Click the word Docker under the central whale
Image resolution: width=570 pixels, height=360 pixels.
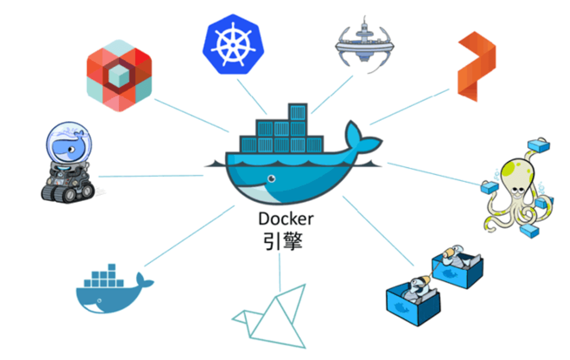point(286,218)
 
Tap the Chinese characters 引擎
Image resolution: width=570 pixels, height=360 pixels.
point(282,241)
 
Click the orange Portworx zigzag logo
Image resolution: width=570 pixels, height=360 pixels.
point(476,67)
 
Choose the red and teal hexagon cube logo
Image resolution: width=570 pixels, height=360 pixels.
point(119,76)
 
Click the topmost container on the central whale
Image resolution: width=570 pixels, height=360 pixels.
point(298,112)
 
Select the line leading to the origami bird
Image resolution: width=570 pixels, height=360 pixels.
point(280,272)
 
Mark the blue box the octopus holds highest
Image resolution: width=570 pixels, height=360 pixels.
point(539,145)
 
